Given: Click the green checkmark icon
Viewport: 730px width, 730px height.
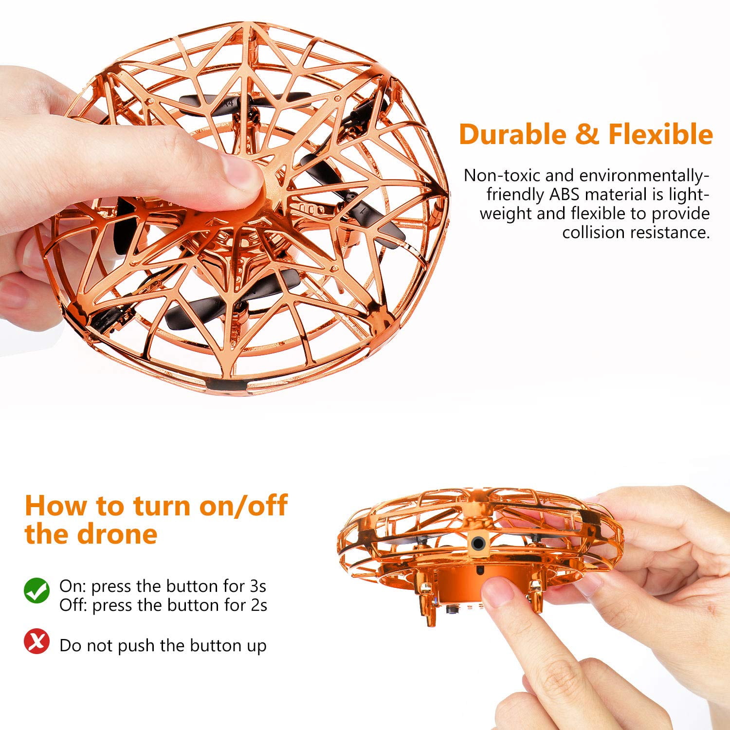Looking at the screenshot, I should (x=37, y=590).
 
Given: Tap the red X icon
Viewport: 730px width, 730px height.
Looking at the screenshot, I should (x=37, y=641).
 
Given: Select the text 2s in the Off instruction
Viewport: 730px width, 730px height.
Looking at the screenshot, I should (x=258, y=605).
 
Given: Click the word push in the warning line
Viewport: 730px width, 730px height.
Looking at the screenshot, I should (x=137, y=646).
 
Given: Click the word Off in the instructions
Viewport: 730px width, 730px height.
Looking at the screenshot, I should (x=73, y=605).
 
